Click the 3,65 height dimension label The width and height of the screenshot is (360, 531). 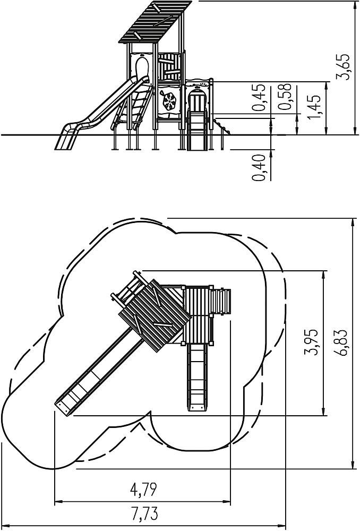click(342, 67)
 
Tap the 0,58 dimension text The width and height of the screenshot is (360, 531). click(285, 97)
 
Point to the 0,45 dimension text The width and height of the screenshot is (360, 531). click(259, 98)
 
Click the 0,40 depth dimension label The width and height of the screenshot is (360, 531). click(259, 168)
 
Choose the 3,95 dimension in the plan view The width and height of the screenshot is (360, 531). click(311, 341)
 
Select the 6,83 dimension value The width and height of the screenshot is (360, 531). click(342, 342)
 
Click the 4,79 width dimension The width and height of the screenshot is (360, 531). click(143, 490)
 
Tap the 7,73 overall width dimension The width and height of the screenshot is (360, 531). click(144, 514)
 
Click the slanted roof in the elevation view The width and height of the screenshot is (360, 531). click(155, 22)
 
